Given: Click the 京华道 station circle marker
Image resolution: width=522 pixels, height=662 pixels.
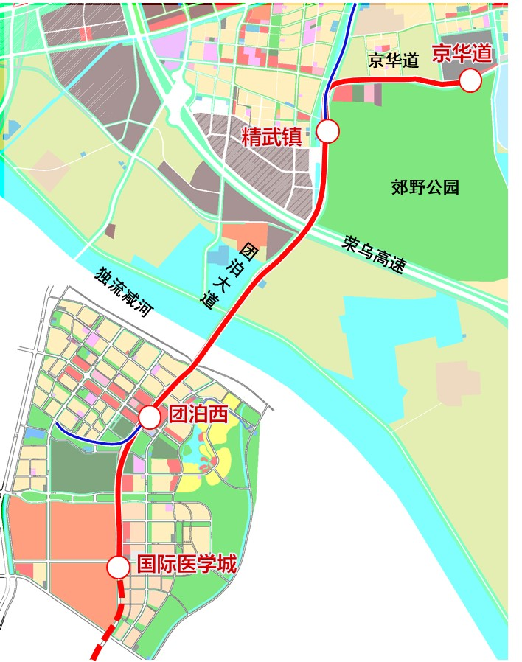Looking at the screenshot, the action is pos(470,80).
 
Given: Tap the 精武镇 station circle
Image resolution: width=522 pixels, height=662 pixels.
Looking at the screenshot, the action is pos(328,132).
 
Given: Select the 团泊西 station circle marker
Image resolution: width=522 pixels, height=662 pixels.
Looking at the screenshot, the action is pos(150,418).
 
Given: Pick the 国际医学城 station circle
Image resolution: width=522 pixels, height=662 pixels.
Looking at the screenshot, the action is pos(117,568).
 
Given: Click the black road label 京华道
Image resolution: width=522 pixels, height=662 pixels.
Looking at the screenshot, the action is pos(394,60).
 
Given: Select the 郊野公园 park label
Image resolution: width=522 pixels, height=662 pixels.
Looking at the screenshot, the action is pos(425,187).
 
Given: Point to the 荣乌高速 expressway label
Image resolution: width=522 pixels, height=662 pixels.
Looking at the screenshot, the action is pos(375,254).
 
